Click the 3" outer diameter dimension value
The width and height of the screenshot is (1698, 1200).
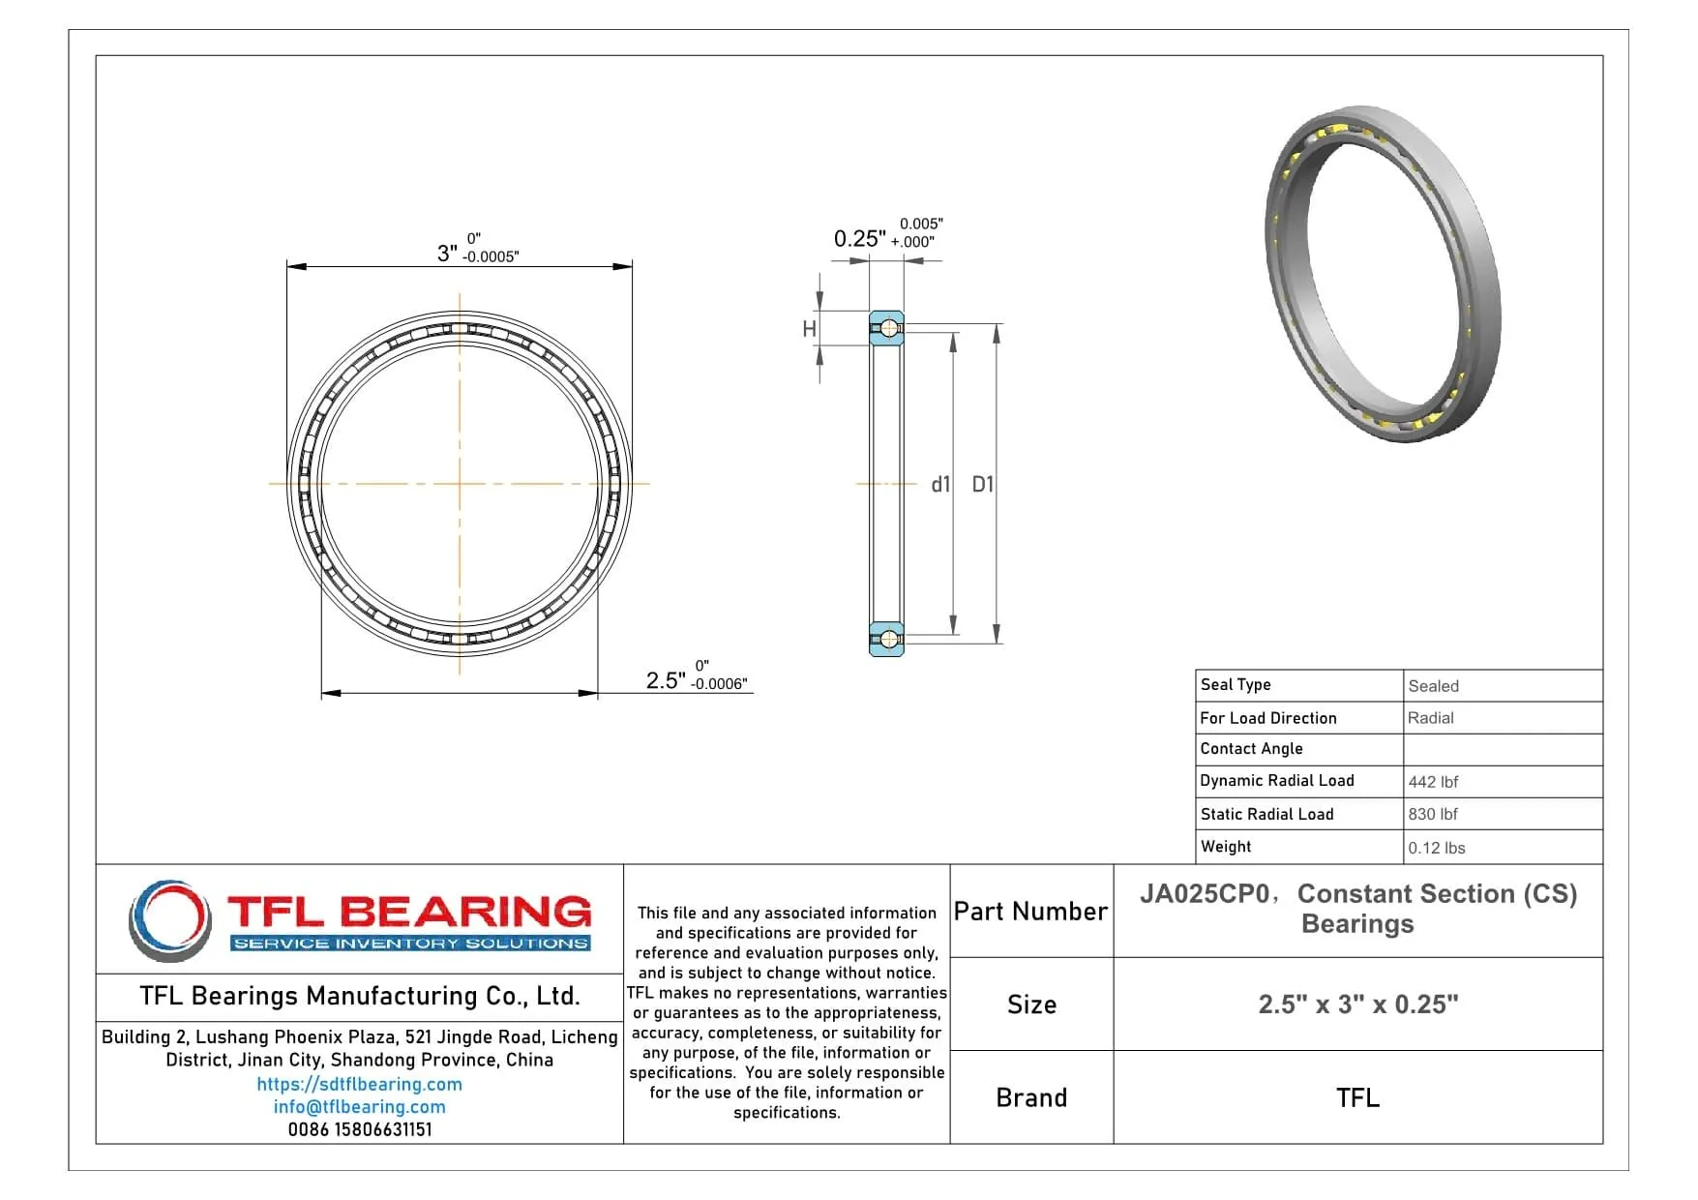(x=446, y=254)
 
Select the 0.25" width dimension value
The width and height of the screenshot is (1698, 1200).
(x=859, y=238)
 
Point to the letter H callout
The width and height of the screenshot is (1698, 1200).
(x=810, y=329)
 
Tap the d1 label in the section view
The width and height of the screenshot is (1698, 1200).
(x=940, y=485)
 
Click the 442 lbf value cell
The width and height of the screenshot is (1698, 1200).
(x=1433, y=782)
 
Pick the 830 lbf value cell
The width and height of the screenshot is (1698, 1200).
(x=1433, y=815)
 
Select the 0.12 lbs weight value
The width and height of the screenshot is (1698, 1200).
(x=1437, y=848)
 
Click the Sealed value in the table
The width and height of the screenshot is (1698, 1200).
(x=1433, y=686)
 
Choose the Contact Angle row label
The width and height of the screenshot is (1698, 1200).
(x=1251, y=749)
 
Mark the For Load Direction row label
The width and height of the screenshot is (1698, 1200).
(x=1267, y=718)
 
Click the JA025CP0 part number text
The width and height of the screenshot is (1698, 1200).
(x=1204, y=894)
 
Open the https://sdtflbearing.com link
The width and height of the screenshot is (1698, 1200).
(x=359, y=1085)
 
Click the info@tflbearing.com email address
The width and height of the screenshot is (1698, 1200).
(x=359, y=1107)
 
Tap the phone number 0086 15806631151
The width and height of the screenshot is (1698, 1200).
(x=359, y=1129)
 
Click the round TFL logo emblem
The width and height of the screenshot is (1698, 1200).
(x=170, y=919)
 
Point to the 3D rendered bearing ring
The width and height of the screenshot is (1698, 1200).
(x=1384, y=274)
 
